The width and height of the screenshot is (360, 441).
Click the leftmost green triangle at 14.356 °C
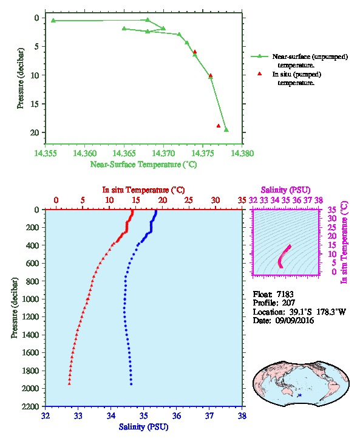pyautogui.click(x=53, y=20)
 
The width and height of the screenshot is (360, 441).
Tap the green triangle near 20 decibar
pyautogui.click(x=226, y=129)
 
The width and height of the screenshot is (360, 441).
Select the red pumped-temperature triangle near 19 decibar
pyautogui.click(x=219, y=126)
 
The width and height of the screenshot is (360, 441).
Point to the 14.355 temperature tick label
pyautogui.click(x=46, y=153)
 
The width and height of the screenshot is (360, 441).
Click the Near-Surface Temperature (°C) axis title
pyautogui.click(x=143, y=165)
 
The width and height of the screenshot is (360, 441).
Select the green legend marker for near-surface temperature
pyautogui.click(x=259, y=56)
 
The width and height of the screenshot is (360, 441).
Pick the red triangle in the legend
pyautogui.click(x=259, y=73)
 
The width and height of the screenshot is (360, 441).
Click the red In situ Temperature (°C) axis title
pyautogui.click(x=143, y=190)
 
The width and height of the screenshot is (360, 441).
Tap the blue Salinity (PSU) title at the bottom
pyautogui.click(x=143, y=426)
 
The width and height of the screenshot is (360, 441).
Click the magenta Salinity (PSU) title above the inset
pyautogui.click(x=285, y=190)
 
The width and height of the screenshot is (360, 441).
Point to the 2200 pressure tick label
pyautogui.click(x=30, y=406)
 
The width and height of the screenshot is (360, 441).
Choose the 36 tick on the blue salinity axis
pyautogui.click(x=177, y=415)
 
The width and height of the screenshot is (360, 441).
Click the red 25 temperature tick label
pyautogui.click(x=189, y=200)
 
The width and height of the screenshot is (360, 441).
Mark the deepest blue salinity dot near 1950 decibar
pyautogui.click(x=131, y=384)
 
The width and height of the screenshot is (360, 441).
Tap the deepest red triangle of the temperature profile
pyautogui.click(x=69, y=384)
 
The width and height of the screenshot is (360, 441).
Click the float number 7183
pyautogui.click(x=285, y=294)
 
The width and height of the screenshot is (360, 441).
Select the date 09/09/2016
pyautogui.click(x=294, y=320)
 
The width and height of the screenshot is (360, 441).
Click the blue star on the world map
pyautogui.click(x=300, y=395)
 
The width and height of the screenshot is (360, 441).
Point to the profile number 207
pyautogui.click(x=288, y=303)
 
